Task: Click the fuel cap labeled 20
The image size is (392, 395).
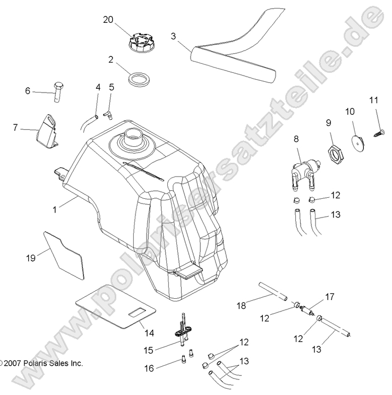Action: pyautogui.click(x=140, y=40)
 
